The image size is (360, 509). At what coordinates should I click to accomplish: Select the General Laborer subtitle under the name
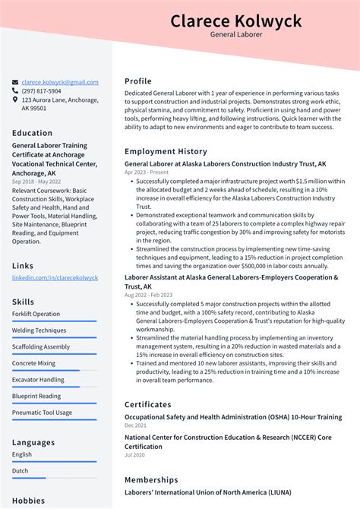click(x=235, y=35)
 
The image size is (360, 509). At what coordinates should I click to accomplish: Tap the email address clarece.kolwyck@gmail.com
click(x=60, y=82)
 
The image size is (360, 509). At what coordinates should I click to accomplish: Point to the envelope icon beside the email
click(x=15, y=82)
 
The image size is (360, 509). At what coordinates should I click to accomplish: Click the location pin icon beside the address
click(x=15, y=100)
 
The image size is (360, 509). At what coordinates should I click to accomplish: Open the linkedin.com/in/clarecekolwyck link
click(x=55, y=278)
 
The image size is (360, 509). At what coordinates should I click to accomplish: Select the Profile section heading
click(x=138, y=81)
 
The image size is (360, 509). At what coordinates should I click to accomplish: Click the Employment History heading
click(x=166, y=151)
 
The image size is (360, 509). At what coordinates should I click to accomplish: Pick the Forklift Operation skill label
click(x=36, y=314)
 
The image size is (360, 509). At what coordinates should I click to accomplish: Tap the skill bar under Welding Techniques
click(x=54, y=337)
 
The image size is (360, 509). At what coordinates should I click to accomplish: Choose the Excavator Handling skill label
click(x=38, y=379)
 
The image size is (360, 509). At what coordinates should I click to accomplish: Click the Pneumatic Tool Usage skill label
click(x=42, y=413)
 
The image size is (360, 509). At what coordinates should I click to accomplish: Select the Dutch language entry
click(x=21, y=471)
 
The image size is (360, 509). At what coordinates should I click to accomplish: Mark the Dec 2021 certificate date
click(x=136, y=425)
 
